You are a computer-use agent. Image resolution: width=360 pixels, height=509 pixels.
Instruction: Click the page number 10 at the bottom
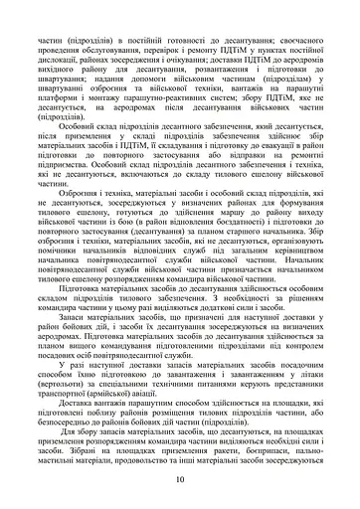[180, 479]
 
